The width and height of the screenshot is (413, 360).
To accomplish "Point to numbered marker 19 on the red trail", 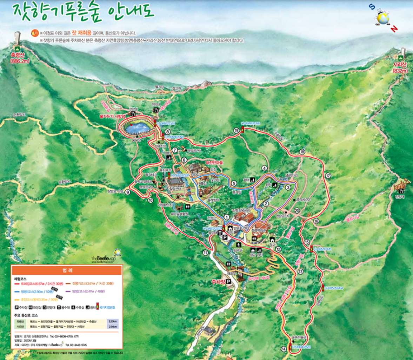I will pos(236,131).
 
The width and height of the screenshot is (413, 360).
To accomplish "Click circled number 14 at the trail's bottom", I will pos(284,349).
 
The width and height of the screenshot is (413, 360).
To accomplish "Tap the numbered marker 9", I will pos(127,192).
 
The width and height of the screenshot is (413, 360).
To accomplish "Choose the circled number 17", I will pos(328,176).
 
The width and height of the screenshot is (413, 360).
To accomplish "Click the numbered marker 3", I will pos(288,188).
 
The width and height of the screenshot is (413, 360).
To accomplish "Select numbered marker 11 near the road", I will pos(205,253).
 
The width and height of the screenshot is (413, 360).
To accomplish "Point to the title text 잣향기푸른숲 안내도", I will pos(84,11).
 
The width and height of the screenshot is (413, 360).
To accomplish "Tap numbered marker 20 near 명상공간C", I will pos(297,210).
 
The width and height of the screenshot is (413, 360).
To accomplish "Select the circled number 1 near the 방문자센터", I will pos(227,217).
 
